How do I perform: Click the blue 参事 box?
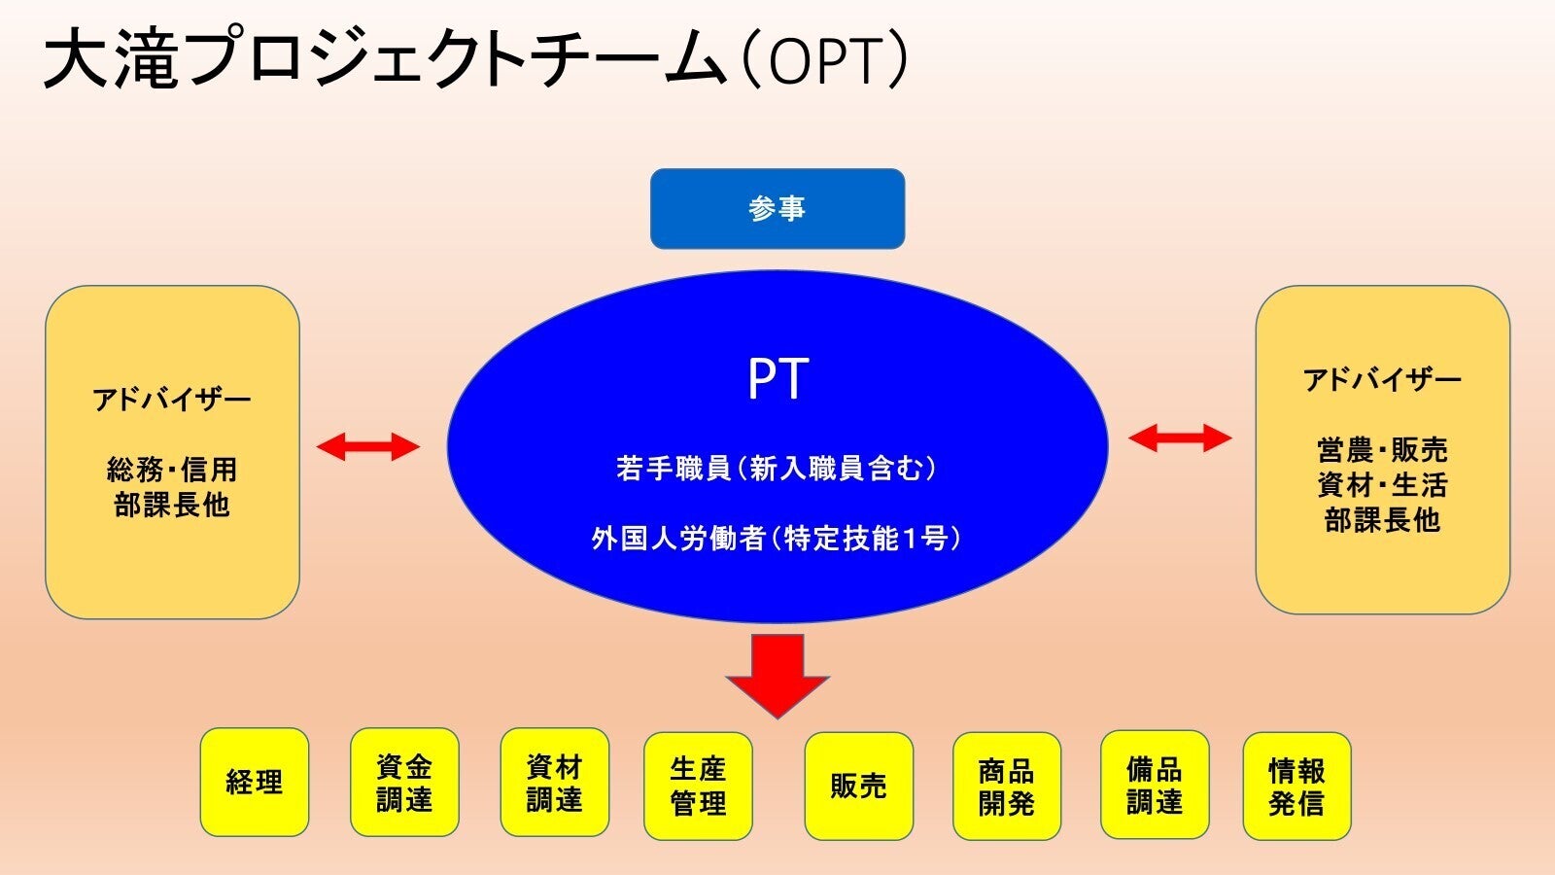coord(777,209)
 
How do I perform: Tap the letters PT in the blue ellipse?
coord(777,379)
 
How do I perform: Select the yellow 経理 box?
coord(255,783)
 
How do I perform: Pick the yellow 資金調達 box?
coord(404,783)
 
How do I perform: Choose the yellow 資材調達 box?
coord(554,783)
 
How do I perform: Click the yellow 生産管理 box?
coord(698,787)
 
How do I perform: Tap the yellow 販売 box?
coord(858,787)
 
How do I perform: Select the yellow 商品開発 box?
coord(1006,787)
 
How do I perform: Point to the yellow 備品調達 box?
coord(1155,785)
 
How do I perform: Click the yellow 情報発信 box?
coord(1296,787)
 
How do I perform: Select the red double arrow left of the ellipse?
coord(368,447)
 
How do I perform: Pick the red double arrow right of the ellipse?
coord(1180,437)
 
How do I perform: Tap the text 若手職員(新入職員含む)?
coord(777,469)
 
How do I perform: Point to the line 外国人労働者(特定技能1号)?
coord(777,539)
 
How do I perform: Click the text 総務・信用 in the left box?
coord(172,471)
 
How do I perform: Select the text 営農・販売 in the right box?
coord(1382,450)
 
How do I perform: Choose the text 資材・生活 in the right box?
coord(1382,485)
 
